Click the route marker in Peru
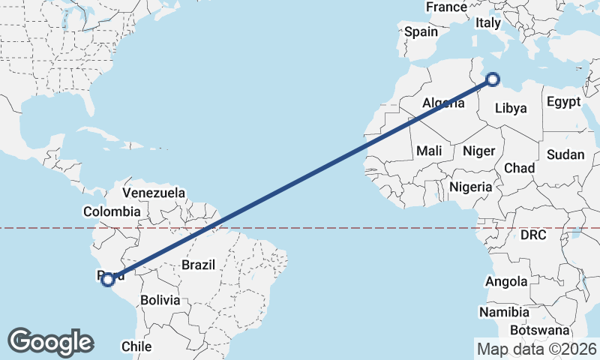click(108, 280)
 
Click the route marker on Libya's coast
click(493, 79)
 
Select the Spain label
click(421, 32)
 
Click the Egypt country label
click(563, 101)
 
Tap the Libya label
click(511, 108)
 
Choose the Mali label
click(429, 151)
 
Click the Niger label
click(478, 151)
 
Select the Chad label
click(519, 167)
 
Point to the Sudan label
click(565, 154)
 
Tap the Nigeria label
click(471, 187)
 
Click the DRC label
click(533, 235)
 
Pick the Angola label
click(507, 282)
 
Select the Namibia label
click(505, 312)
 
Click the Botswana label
click(540, 330)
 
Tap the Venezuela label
click(154, 193)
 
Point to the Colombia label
click(112, 211)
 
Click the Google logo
click(50, 342)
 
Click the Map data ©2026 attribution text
click(536, 349)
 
